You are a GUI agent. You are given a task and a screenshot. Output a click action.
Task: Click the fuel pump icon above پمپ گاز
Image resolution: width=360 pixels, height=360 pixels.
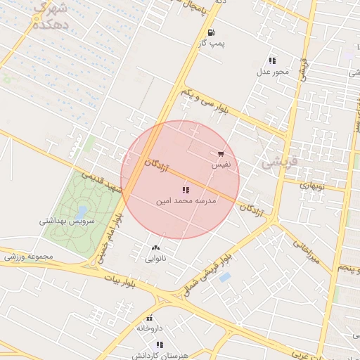coord(211,32)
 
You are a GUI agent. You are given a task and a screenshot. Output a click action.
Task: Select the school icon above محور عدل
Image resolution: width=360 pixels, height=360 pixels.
coord(272,60)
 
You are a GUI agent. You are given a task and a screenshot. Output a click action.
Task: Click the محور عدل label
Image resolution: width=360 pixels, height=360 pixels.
coord(272,72)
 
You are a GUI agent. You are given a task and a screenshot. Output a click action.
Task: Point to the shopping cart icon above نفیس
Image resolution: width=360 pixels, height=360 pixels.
coord(221,153)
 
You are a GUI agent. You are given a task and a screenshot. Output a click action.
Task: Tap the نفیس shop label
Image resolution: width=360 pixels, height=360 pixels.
coord(221,165)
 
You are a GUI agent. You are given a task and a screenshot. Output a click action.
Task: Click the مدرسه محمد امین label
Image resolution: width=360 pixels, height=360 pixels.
coord(186,201)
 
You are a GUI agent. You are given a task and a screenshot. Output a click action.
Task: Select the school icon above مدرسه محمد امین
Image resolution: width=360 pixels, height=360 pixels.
coord(186,190)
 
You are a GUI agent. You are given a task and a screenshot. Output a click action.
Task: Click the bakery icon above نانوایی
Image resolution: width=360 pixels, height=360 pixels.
coord(156,248)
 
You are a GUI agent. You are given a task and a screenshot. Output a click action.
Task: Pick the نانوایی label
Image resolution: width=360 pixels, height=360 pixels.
coord(156,259)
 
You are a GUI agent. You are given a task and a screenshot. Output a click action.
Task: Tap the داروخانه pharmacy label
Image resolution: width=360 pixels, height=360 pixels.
coord(149,328)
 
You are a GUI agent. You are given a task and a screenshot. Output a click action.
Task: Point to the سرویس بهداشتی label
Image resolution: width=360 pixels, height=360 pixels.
coord(61,221)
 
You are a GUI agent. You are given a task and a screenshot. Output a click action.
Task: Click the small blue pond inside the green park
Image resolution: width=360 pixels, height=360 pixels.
coord(82,210)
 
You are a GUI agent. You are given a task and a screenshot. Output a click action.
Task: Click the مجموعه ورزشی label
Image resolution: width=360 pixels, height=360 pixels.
coord(28,256)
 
